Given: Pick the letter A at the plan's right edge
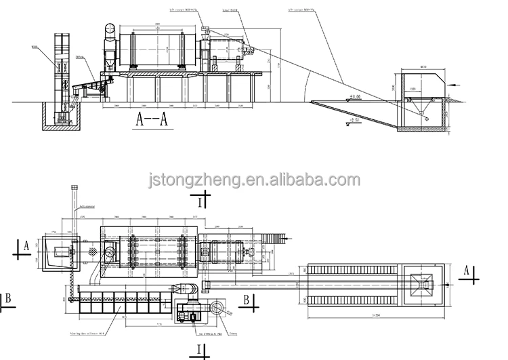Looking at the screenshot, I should tap(466, 271).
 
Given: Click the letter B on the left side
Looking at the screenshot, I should tap(7, 296).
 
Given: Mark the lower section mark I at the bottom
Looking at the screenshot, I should tap(200, 350).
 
